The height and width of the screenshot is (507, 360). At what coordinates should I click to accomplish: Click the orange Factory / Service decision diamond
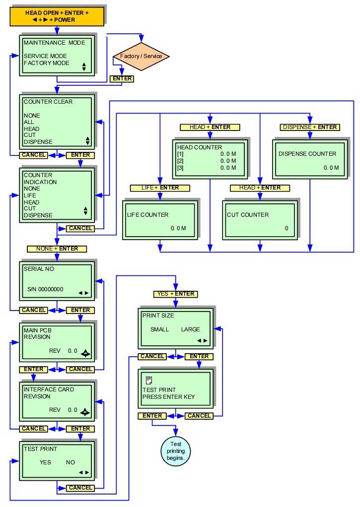point(142,56)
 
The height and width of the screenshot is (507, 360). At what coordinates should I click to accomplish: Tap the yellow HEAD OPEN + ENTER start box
point(57,16)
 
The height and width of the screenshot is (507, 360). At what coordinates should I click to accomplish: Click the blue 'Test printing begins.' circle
point(176,450)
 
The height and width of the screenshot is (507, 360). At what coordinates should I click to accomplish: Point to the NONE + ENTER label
point(57,248)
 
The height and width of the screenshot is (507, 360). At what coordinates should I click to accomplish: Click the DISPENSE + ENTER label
point(310,127)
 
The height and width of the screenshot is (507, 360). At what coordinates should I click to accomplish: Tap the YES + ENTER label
point(176,294)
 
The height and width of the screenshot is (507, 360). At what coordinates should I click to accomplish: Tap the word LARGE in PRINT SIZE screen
point(191,329)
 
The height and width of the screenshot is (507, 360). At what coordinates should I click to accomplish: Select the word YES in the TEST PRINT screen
point(45,462)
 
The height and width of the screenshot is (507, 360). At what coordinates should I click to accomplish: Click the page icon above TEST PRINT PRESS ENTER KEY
point(148,380)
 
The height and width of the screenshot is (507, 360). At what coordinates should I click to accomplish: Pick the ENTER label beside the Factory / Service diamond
point(122,78)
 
